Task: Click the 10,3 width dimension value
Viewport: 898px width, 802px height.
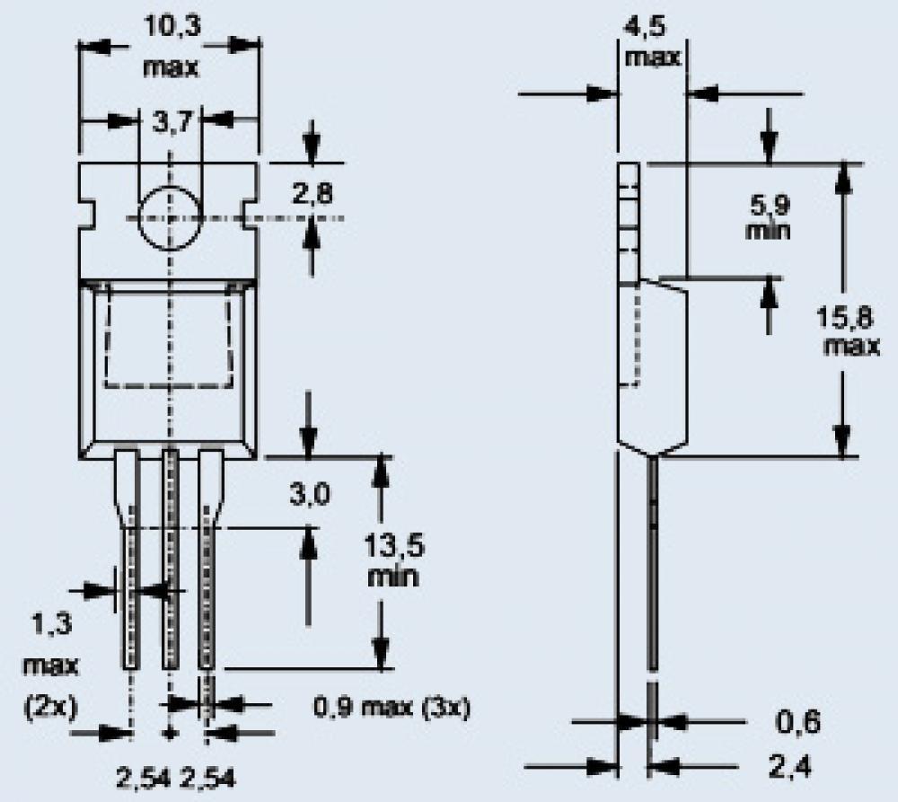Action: tap(172, 26)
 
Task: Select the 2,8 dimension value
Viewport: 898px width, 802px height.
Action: tap(313, 194)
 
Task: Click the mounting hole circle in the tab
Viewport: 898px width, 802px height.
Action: tap(169, 218)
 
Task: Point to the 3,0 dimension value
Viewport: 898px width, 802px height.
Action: tap(309, 494)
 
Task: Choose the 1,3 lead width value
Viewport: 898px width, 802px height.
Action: tap(51, 624)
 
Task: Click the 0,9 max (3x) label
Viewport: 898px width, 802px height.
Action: tap(392, 708)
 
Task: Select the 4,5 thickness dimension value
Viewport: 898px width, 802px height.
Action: tap(645, 26)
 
